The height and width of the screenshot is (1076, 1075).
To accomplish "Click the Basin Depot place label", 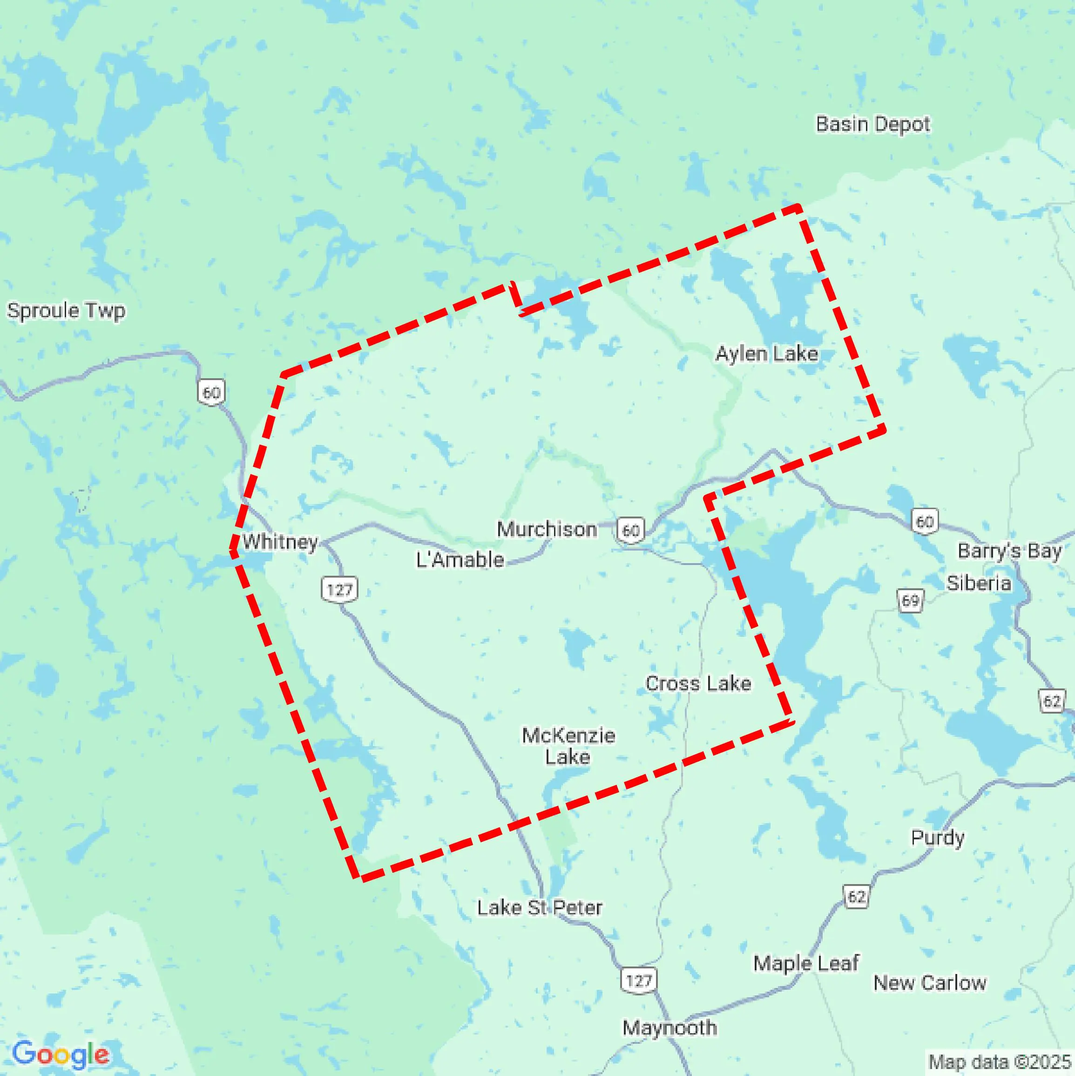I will coord(872,124).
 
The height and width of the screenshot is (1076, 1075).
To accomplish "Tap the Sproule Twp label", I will coord(66,311).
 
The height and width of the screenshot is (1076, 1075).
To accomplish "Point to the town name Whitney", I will coord(280,541).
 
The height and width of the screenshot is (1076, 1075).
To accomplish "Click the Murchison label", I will coord(547,529).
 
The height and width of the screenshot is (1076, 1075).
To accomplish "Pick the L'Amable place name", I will coord(460,560).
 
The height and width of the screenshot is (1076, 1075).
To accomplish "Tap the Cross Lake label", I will coord(698,683).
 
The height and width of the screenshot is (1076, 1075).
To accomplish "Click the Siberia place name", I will coord(979,583).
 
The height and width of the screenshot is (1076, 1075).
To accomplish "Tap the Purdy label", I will coord(938,838).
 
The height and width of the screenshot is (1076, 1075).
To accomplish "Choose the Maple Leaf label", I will coord(805,963).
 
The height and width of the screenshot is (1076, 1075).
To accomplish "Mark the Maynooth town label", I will coord(669,1028).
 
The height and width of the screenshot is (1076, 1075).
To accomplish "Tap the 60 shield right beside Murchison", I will coord(630,530).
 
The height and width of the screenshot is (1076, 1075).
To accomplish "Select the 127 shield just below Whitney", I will coord(339,589).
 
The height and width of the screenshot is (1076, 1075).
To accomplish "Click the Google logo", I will coord(60,1054).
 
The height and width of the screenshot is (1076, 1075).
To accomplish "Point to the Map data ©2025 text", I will coord(1000,1062).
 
